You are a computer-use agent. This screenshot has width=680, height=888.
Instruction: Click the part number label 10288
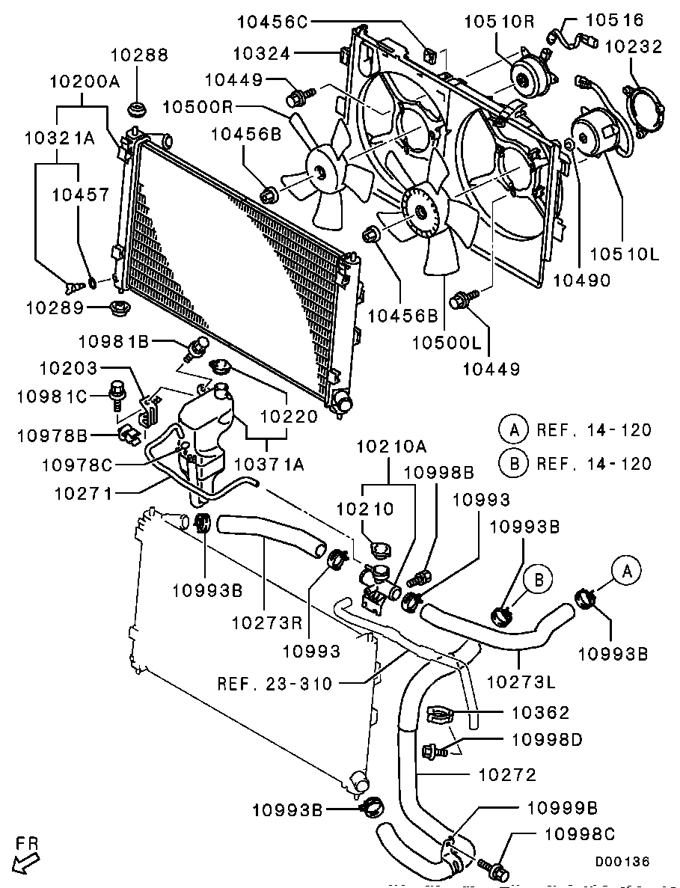coord(140,55)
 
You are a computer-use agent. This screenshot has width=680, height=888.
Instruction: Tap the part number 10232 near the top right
coord(634,46)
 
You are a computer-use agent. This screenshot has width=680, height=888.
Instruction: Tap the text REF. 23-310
coord(275,682)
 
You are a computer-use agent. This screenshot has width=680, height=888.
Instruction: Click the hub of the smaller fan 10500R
coord(321,175)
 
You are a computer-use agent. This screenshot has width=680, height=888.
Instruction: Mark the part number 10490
coord(582,281)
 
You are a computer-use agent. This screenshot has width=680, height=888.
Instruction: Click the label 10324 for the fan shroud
coord(264,52)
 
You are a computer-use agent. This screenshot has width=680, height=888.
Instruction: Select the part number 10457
coord(80,195)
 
